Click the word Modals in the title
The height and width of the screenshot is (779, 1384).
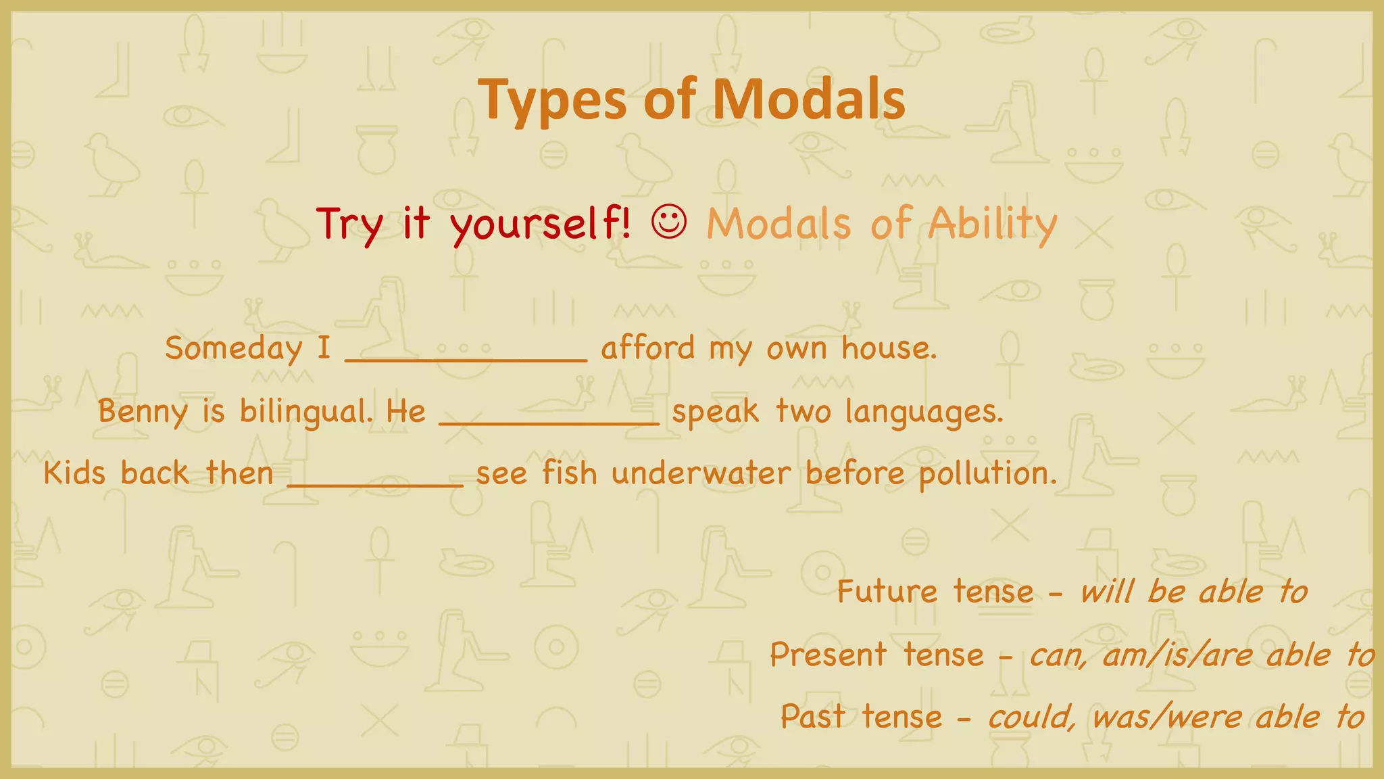click(x=808, y=99)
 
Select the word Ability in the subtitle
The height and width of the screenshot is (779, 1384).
click(x=992, y=224)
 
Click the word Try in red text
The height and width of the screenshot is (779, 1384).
click(x=349, y=224)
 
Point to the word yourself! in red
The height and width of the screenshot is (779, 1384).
click(x=541, y=224)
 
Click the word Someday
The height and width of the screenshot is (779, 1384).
click(x=234, y=349)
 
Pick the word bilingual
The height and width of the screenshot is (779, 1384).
click(x=305, y=411)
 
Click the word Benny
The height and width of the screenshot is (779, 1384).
click(x=143, y=412)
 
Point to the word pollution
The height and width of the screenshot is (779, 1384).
click(x=987, y=473)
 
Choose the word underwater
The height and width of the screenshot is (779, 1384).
click(x=701, y=473)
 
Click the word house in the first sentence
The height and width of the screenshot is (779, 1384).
click(x=888, y=349)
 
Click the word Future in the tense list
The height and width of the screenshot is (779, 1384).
click(x=887, y=592)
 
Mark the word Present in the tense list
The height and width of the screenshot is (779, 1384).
click(x=829, y=655)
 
